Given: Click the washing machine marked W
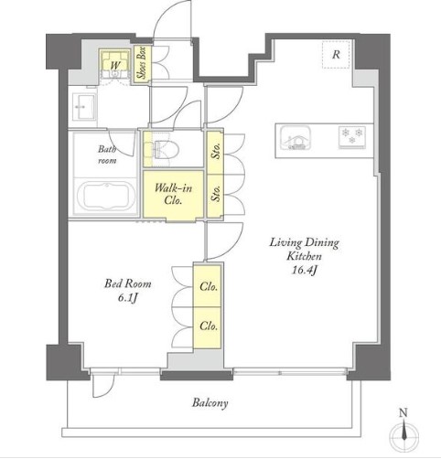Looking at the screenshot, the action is coord(115,65).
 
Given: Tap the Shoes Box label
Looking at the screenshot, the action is coord(142,63).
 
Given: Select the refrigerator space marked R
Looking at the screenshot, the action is coord(336,54).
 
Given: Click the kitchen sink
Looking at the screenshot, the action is coord(296,138).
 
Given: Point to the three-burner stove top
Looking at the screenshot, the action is coord(352,137).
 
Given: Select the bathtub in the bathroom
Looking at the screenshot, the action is coord(106,196).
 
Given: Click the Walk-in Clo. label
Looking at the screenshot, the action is coord(173,194).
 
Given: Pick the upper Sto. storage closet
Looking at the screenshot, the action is coord(215,152).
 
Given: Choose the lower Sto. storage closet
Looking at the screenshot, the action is coord(215,195).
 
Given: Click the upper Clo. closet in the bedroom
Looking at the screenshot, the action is coord(208,285).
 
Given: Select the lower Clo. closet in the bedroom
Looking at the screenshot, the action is coord(208,327).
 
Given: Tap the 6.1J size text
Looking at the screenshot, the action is coord(127,298).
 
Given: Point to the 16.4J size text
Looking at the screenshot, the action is coord(304,270).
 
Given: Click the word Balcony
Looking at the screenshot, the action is coord(210,403).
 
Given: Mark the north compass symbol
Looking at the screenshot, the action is coord(404,432).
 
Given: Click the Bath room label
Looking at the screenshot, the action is coord(107,155).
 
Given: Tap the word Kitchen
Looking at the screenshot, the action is coord(304,256).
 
